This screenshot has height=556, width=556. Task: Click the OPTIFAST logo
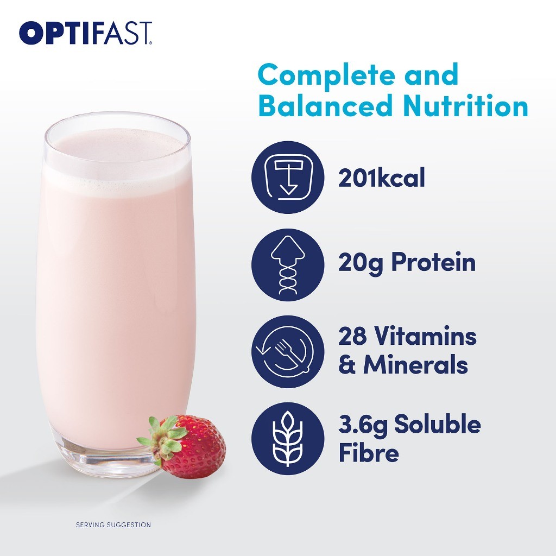tap(86, 33)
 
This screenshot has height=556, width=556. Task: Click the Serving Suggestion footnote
tap(113, 525)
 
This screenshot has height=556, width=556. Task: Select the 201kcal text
tap(382, 178)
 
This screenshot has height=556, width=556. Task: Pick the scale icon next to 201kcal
tap(288, 178)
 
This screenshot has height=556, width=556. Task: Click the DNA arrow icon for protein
tap(288, 265)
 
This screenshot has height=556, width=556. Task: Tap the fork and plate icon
tap(288, 352)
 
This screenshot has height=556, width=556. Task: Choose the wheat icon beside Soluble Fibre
tap(288, 439)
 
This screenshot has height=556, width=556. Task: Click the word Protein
tap(433, 262)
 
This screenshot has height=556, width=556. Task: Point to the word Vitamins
tap(426, 336)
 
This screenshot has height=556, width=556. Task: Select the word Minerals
tap(415, 364)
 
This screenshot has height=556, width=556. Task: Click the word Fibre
tap(369, 452)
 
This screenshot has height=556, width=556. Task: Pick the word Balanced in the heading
tap(326, 106)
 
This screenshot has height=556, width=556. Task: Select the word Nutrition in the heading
tap(465, 106)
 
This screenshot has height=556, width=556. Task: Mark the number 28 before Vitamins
tap(352, 336)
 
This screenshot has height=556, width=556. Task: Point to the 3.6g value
tap(363, 425)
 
